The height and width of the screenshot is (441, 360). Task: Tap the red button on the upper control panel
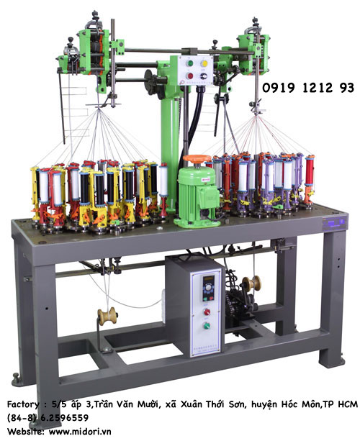point(190,76)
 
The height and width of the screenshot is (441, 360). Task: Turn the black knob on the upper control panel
point(204,76)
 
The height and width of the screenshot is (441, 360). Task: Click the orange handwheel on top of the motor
point(197,158)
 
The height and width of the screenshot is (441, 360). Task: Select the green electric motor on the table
point(197,196)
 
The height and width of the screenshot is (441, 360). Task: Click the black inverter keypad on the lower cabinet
point(209,288)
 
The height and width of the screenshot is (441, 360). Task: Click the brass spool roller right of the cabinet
point(251,284)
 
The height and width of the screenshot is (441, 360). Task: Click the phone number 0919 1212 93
point(308,88)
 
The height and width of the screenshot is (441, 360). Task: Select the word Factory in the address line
point(23,404)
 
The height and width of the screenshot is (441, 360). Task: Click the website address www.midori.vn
point(80,431)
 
